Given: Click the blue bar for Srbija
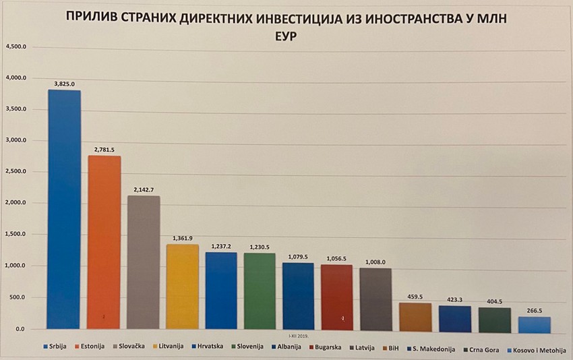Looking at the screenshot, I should [x=64, y=209].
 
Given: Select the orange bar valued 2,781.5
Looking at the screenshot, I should [x=104, y=243].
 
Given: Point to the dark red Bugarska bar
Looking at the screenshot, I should [x=337, y=297].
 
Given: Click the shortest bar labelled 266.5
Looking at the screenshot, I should [x=535, y=323].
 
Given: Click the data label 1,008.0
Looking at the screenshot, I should [x=375, y=262].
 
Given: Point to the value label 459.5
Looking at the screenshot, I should [x=415, y=297].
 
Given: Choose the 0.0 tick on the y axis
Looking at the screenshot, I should [x=20, y=328].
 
